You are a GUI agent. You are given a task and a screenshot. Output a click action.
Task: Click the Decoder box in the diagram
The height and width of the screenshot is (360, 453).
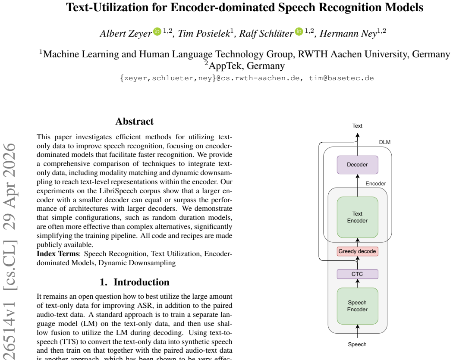pyautogui.click(x=357, y=165)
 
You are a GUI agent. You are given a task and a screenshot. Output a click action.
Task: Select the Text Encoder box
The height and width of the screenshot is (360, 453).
pyautogui.click(x=357, y=217)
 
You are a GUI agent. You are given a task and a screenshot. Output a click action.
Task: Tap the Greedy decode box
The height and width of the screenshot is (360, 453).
pyautogui.click(x=357, y=251)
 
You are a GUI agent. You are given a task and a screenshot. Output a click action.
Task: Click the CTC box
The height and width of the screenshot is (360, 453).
pyautogui.click(x=357, y=274)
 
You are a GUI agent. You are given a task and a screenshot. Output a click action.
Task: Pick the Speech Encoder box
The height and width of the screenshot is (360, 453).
pyautogui.click(x=357, y=306)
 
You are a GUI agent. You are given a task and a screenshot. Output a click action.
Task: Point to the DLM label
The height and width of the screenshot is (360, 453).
pyautogui.click(x=384, y=142)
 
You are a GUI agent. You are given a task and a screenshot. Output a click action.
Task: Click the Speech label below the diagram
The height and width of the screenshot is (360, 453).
pyautogui.click(x=357, y=344)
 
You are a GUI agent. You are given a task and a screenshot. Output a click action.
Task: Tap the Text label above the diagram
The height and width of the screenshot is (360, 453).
pyautogui.click(x=357, y=126)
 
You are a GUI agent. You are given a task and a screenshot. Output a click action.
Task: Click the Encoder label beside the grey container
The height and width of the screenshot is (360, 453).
pyautogui.click(x=376, y=184)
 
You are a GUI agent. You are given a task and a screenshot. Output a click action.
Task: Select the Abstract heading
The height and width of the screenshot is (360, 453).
pyautogui.click(x=134, y=121)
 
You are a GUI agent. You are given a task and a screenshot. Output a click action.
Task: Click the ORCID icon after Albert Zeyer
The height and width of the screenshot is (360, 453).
pyautogui.click(x=157, y=31)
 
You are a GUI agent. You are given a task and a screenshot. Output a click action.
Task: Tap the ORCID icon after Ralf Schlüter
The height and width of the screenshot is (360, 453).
pyautogui.click(x=299, y=31)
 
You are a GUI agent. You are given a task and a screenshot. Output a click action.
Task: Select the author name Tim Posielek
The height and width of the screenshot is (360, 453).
pyautogui.click(x=204, y=34)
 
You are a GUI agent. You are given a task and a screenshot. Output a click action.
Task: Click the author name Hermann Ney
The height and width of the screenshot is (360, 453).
pyautogui.click(x=348, y=34)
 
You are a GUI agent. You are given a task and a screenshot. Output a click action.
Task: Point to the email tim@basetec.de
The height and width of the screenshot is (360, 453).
pyautogui.click(x=341, y=78)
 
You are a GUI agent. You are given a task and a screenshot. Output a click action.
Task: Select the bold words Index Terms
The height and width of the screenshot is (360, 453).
pyautogui.click(x=57, y=254)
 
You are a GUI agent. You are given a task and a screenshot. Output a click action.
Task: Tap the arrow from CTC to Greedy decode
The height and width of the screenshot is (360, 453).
pyautogui.click(x=357, y=263)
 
